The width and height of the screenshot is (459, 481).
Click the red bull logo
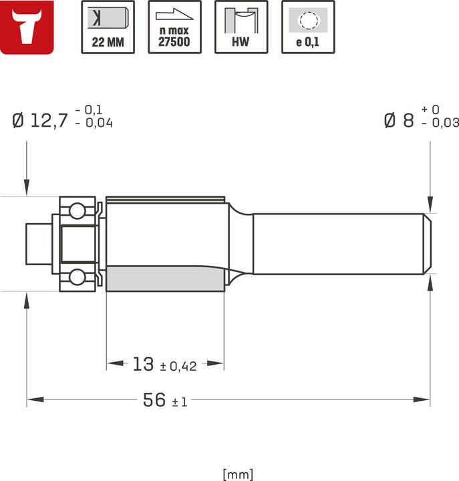tap(27, 27)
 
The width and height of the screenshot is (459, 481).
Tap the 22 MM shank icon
tap(108, 27)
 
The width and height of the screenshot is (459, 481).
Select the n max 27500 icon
tap(174, 27)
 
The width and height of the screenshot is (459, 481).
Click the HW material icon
tap(241, 27)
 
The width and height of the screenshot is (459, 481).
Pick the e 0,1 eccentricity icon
tap(308, 27)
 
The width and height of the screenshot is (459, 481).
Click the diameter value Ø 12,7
tap(41, 121)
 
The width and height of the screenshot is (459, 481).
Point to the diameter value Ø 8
tap(399, 121)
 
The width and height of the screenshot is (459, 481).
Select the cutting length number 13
tap(143, 364)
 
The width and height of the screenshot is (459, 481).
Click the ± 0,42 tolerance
tap(178, 366)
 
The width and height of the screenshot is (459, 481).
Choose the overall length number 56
tap(154, 400)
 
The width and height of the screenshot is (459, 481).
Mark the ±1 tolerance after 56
tap(180, 402)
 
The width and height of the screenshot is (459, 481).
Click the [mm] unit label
tap(238, 474)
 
